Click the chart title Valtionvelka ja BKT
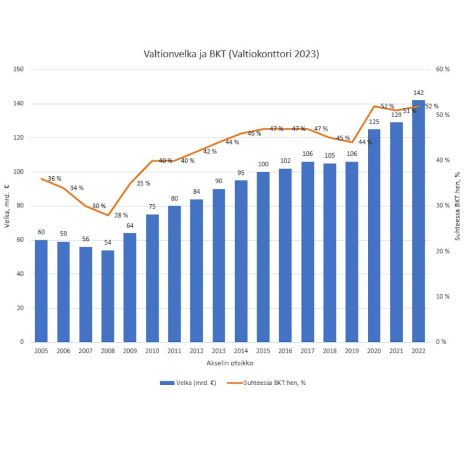231,54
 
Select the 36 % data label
55,178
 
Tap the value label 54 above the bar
108,243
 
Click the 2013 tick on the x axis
218,351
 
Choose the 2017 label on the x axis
307,351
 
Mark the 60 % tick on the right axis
442,70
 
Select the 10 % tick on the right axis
442,296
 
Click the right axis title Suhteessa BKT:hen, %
457,206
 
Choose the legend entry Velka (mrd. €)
188,382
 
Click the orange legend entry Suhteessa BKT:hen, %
271,382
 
